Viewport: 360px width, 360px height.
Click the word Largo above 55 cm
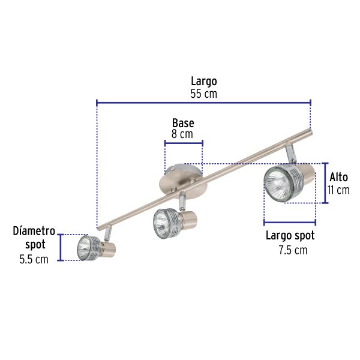[x=203, y=81]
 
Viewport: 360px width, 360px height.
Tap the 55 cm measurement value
[x=203, y=94]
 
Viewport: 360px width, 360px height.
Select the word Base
[x=183, y=123]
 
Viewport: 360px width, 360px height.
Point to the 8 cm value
[x=182, y=134]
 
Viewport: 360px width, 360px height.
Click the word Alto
[x=338, y=178]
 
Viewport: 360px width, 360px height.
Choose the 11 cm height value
[x=338, y=190]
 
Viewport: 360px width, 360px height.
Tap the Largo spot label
[x=290, y=236]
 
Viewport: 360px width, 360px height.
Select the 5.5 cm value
[x=32, y=260]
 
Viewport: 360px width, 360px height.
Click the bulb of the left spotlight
[x=85, y=246]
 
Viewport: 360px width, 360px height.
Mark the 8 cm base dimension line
[x=184, y=143]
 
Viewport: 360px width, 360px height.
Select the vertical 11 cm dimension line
[x=325, y=183]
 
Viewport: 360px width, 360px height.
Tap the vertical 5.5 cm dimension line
[x=61, y=247]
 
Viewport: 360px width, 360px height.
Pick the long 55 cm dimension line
[x=203, y=103]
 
